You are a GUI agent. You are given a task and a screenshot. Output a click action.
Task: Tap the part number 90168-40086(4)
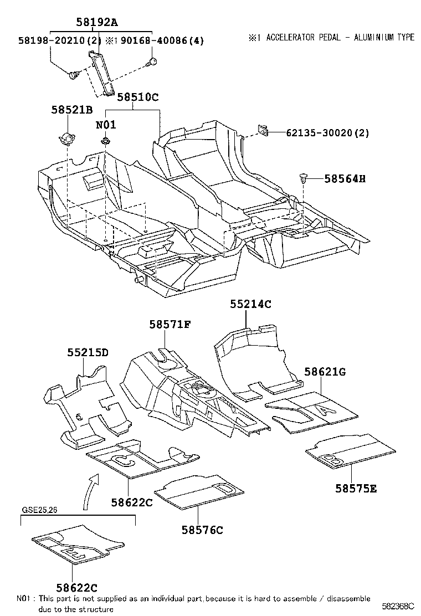[157, 40]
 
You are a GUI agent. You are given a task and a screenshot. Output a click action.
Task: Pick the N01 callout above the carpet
[105, 125]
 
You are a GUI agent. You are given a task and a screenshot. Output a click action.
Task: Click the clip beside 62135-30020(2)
[264, 131]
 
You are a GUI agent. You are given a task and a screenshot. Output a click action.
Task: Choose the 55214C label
[251, 304]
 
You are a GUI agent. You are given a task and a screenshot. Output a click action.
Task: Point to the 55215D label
[88, 352]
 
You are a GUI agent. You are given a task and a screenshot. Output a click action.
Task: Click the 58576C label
[202, 530]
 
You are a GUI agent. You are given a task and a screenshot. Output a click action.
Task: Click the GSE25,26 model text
[39, 510]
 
